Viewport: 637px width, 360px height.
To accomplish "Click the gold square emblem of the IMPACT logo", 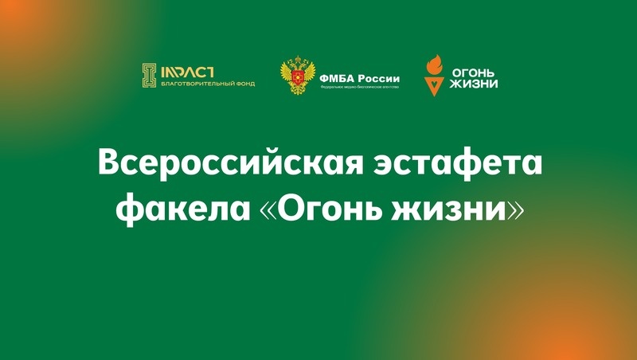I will (x=148, y=75).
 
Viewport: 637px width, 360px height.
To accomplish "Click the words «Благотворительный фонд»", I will (x=208, y=84).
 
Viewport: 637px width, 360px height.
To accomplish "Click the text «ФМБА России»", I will (x=359, y=78).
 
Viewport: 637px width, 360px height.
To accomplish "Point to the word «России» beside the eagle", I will (x=377, y=78).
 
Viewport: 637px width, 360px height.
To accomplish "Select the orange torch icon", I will (x=434, y=73).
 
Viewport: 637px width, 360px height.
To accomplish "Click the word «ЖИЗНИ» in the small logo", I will (x=475, y=83).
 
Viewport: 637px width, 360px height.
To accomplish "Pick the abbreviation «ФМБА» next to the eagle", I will (x=336, y=78).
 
